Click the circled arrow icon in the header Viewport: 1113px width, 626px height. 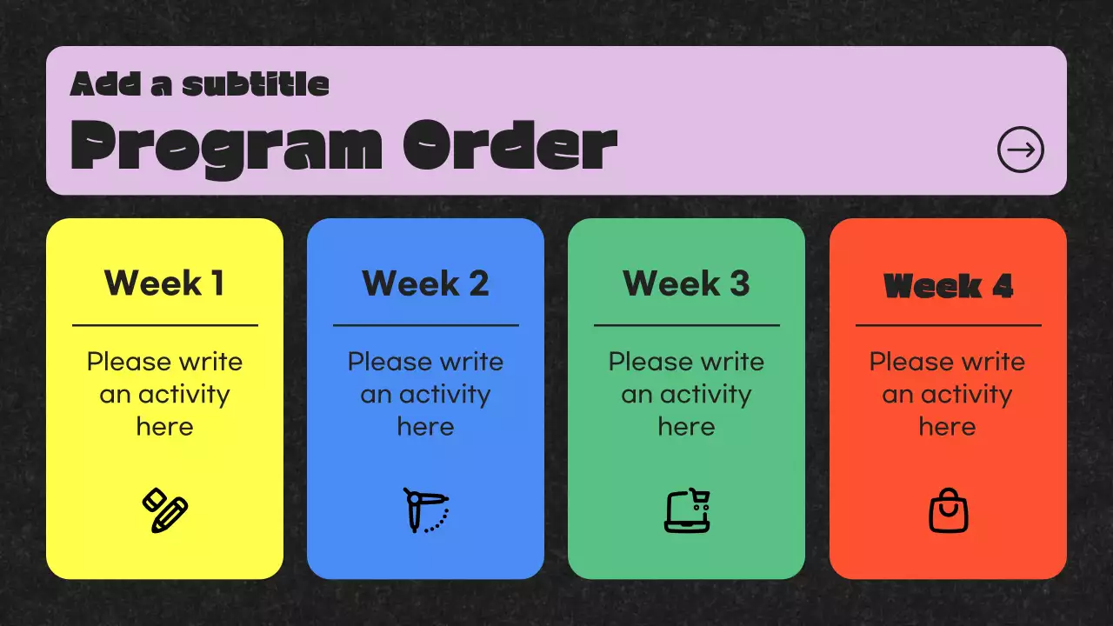(1021, 150)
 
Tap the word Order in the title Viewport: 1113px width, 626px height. (510, 145)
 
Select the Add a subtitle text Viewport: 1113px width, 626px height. (200, 84)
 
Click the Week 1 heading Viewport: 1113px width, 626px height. (164, 283)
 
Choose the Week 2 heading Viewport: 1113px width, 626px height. (425, 283)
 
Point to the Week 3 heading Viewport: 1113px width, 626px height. (686, 283)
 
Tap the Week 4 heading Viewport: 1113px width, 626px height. (948, 286)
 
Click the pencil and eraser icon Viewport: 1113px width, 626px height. (165, 510)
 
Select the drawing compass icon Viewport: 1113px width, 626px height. (426, 510)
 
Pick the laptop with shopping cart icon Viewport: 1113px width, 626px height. (687, 510)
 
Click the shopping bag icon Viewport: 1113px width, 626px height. (949, 510)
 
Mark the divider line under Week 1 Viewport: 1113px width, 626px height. (165, 325)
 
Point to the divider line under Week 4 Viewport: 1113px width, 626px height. (949, 325)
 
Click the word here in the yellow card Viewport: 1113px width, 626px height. (165, 427)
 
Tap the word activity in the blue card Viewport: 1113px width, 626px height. (444, 396)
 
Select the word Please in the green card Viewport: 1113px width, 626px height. (641, 361)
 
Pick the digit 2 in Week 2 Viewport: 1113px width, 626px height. (478, 283)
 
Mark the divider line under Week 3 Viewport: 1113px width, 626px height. (687, 325)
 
